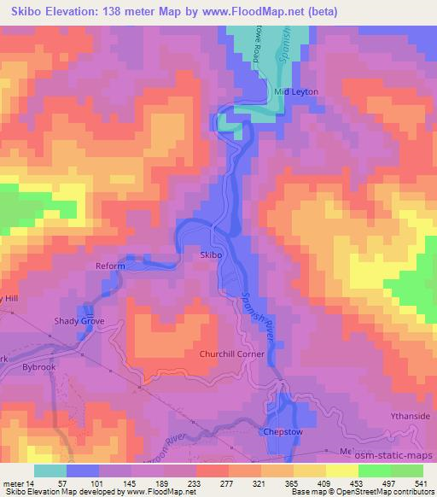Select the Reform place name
click(x=110, y=266)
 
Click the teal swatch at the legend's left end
click(x=50, y=471)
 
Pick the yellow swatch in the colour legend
click(x=342, y=471)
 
